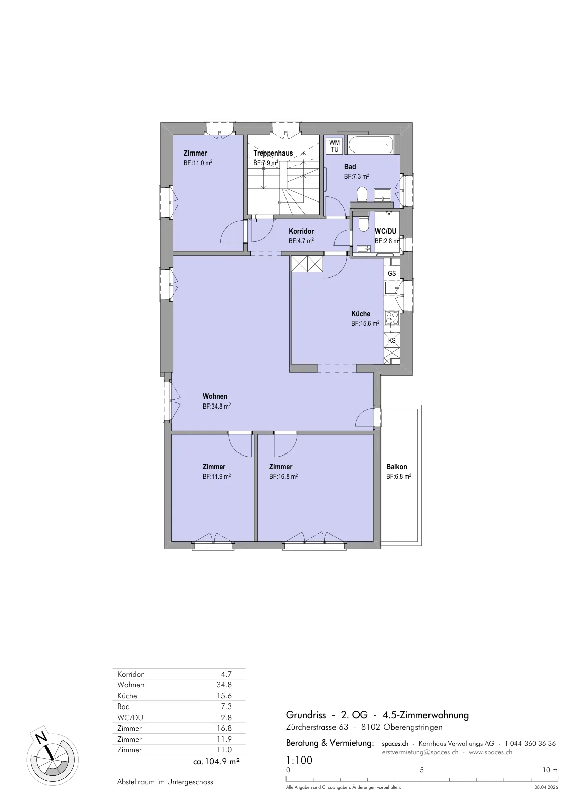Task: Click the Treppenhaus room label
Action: tap(273, 153)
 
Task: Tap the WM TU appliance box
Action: tap(335, 146)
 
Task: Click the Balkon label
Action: tap(396, 467)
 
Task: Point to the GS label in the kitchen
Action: tap(392, 273)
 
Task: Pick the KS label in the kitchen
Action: tap(392, 340)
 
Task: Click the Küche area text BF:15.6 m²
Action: tap(365, 323)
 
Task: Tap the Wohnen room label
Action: tap(215, 396)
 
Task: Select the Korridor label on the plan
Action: tap(301, 231)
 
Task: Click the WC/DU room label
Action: tap(386, 231)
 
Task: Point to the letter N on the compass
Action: tap(42, 737)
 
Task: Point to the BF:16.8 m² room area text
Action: tap(283, 476)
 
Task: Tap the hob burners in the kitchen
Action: tap(392, 318)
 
